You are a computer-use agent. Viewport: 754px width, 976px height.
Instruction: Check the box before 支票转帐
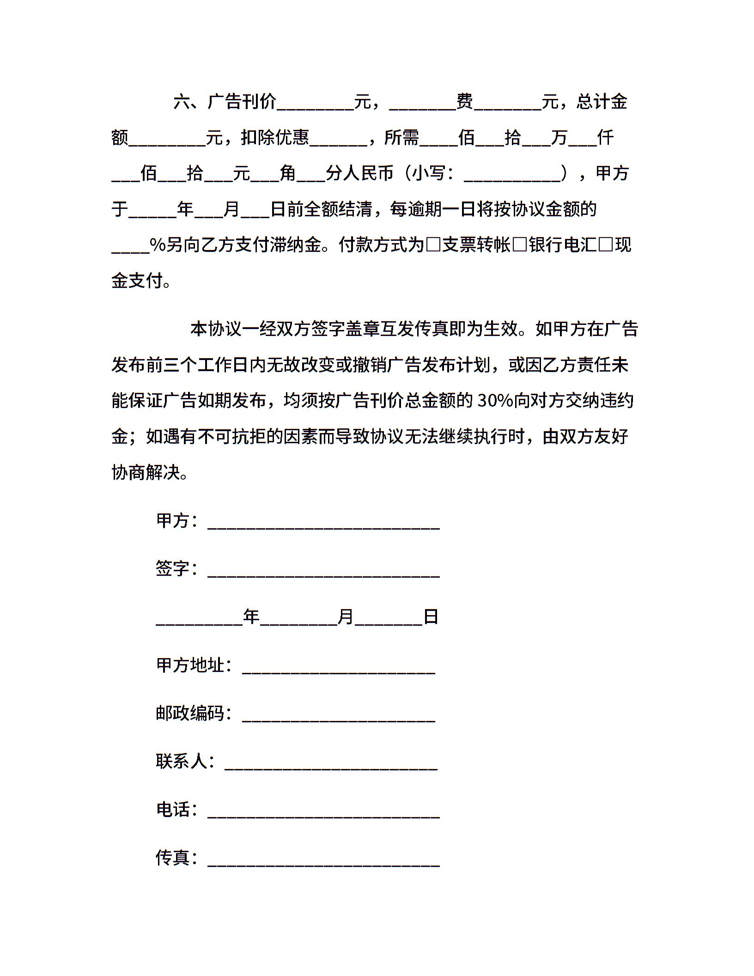coord(433,245)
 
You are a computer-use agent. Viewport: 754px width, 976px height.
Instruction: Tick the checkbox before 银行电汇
coord(519,245)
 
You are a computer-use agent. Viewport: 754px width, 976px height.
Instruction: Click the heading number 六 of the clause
coord(182,102)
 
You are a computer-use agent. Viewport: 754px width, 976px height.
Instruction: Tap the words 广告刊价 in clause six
coord(242,102)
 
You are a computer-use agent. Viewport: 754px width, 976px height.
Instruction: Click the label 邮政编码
coord(190,713)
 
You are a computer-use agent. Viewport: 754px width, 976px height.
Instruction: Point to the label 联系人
coord(182,761)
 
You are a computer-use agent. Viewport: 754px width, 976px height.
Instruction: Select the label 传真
coord(173,857)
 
